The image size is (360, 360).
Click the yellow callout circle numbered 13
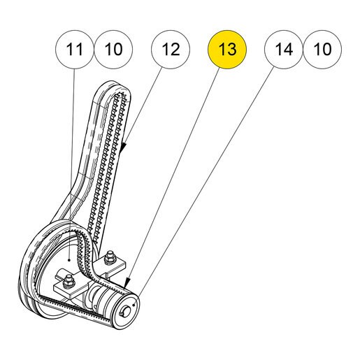click(227, 50)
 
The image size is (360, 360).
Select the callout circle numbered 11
click(75, 50)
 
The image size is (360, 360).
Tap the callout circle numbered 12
click(171, 50)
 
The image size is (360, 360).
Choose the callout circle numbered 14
click(284, 50)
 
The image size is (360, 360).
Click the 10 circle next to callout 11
click(113, 50)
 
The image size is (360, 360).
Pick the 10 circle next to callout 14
click(322, 50)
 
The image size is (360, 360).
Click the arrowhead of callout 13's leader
click(127, 282)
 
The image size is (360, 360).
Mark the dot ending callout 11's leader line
click(69, 259)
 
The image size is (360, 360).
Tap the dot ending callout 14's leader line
click(134, 305)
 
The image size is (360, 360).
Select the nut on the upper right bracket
click(109, 258)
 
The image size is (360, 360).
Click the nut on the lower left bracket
click(69, 282)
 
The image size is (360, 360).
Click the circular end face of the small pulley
click(128, 308)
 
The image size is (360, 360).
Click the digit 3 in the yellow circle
click(231, 50)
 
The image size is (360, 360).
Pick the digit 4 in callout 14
click(288, 50)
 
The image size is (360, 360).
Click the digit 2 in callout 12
click(175, 50)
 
